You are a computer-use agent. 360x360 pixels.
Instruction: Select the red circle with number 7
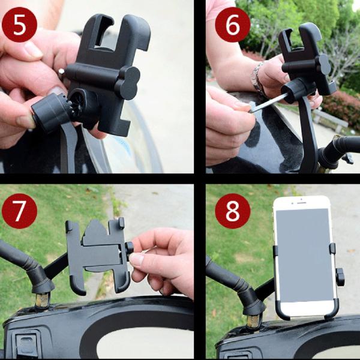click(19, 211)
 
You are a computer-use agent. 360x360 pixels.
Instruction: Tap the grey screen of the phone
click(303, 255)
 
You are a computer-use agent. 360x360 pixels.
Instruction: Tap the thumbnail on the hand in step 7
click(137, 260)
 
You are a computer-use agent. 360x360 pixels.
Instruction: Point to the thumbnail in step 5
click(33, 49)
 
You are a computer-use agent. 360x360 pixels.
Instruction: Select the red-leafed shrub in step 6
click(342, 108)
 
